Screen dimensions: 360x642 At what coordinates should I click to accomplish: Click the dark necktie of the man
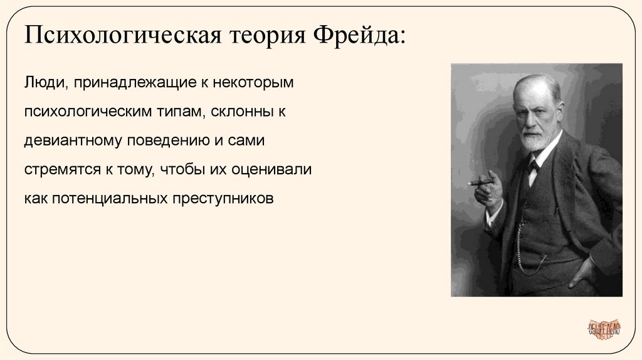pos(533,167)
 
